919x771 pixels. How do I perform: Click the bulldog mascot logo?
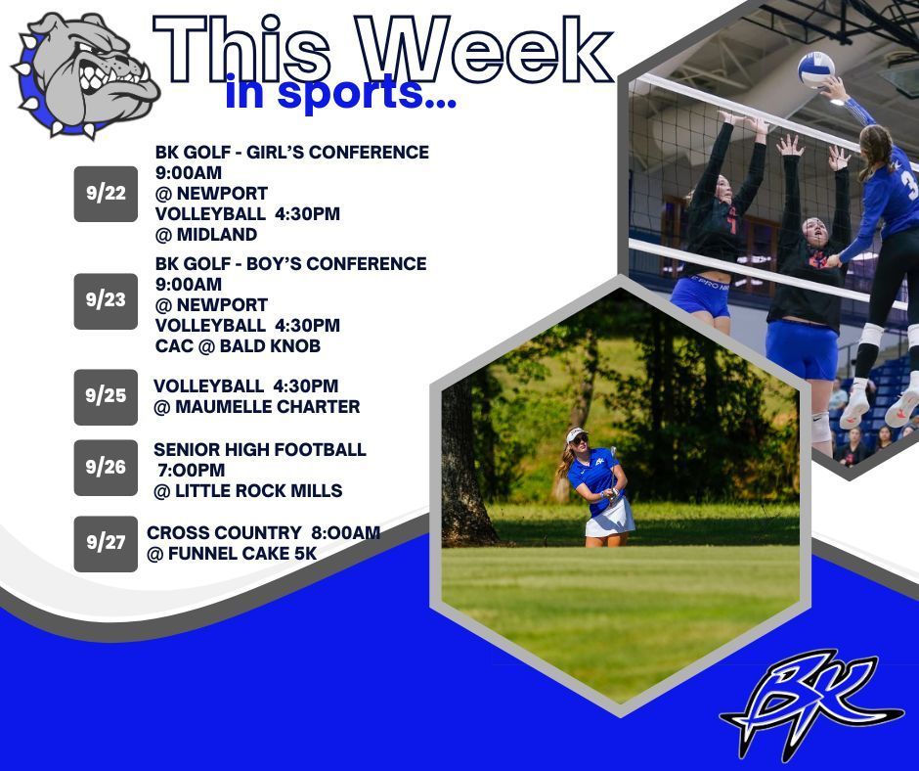(86, 74)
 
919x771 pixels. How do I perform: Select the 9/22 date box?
(106, 193)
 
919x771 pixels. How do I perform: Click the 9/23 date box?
(106, 300)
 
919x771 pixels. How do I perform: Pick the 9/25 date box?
(106, 396)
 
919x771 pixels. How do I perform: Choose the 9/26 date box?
(106, 467)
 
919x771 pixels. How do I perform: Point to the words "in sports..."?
(340, 94)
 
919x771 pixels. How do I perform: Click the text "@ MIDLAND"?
(205, 235)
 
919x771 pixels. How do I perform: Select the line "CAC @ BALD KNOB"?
(238, 346)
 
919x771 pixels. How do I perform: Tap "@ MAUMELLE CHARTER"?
(256, 407)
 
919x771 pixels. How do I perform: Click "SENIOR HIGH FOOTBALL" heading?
(260, 450)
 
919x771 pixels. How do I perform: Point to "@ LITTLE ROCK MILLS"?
(247, 491)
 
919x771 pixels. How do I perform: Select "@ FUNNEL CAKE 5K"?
(232, 555)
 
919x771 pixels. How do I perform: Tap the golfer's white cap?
(576, 435)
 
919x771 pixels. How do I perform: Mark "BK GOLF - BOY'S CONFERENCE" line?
(290, 264)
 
